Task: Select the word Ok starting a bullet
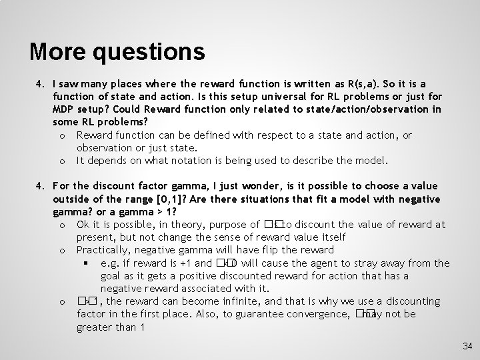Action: [83, 224]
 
